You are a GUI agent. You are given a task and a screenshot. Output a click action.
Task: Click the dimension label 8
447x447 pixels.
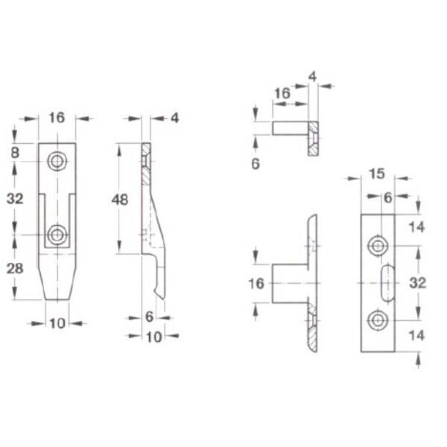point(15,153)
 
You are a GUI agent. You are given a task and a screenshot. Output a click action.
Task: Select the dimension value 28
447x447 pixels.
point(15,269)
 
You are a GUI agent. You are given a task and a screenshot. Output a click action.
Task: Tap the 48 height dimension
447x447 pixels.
point(120,200)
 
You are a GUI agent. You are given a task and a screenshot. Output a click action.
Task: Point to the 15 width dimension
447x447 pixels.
point(376,174)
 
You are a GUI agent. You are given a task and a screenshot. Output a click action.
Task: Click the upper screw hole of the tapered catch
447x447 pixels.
point(57,162)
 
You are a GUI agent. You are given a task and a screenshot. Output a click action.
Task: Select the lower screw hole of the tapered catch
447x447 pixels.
point(57,235)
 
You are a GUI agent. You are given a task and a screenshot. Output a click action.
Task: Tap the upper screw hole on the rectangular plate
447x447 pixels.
point(378,246)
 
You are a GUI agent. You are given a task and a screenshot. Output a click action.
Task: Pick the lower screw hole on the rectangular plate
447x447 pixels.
point(378,320)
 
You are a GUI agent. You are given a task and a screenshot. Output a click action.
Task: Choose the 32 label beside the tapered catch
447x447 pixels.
point(15,199)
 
